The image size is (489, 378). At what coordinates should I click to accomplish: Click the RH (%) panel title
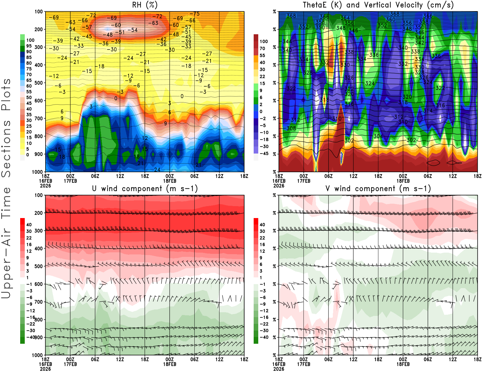pyautogui.click(x=145, y=5)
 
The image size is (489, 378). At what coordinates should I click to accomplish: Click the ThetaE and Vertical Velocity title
pyautogui.click(x=378, y=5)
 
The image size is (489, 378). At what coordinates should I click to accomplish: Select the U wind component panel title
pyautogui.click(x=145, y=189)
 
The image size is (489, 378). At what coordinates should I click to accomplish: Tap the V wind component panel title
pyautogui.click(x=378, y=189)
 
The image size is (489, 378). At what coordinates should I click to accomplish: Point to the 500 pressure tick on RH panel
pyautogui.click(x=39, y=83)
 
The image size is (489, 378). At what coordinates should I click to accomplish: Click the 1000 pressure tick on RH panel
pyautogui.click(x=38, y=172)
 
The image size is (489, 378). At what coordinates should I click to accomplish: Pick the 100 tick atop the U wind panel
pyautogui.click(x=39, y=195)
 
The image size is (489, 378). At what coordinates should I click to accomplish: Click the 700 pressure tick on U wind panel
pyautogui.click(x=39, y=302)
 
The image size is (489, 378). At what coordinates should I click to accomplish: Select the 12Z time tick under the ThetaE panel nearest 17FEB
pyautogui.click(x=353, y=176)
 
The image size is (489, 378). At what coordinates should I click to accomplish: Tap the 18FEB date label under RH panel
pyautogui.click(x=170, y=181)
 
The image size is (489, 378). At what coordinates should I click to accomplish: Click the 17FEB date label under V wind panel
pyautogui.click(x=303, y=364)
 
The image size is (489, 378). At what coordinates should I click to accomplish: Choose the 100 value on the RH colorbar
pyautogui.click(x=30, y=40)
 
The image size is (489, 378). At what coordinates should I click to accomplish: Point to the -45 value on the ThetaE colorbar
pyautogui.click(x=264, y=154)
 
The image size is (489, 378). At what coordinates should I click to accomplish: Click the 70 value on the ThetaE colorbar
pyautogui.click(x=262, y=48)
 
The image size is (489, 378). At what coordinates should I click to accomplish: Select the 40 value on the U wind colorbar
pyautogui.click(x=29, y=224)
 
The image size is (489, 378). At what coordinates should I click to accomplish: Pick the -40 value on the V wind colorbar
pyautogui.click(x=264, y=337)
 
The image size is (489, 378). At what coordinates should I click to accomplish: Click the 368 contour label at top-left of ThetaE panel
pyautogui.click(x=291, y=16)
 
